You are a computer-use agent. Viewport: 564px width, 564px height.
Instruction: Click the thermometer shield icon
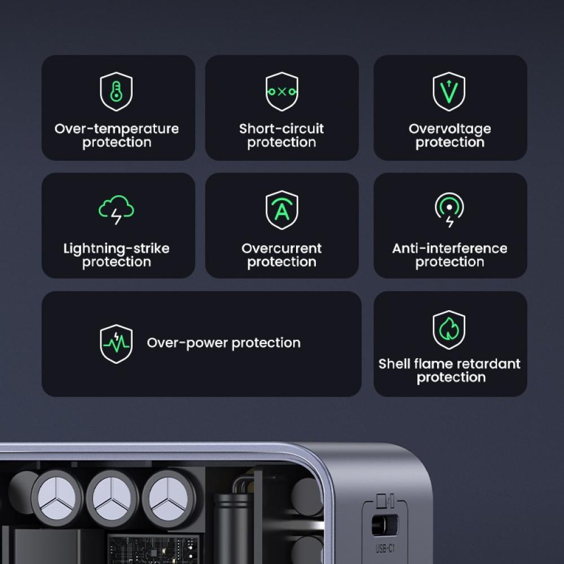coord(116,91)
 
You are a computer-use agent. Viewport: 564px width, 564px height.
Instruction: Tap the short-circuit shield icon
coord(281,91)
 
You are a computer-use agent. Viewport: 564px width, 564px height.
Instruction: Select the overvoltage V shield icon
coord(449,91)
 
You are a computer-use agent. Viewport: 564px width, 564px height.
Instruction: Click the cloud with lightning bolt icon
coord(116,210)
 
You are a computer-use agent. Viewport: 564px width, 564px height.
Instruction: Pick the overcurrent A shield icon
coord(281,210)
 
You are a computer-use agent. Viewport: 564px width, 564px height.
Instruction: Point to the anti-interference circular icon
coord(449,210)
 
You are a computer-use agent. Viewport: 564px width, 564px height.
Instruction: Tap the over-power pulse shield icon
coord(116,343)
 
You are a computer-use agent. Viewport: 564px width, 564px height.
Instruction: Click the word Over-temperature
coord(116,129)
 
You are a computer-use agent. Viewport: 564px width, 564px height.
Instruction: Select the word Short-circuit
coord(281,129)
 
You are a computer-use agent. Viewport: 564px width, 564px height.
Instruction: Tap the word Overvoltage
coord(450,129)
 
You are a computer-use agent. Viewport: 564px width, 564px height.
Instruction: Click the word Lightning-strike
coord(116,248)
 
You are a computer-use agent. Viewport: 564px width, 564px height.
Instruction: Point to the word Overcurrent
coord(281,248)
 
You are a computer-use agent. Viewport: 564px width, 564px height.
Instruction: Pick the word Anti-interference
coord(450,248)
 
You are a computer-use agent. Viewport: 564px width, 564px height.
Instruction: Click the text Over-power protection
coord(223,343)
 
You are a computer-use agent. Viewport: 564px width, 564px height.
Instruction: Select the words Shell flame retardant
coord(450,364)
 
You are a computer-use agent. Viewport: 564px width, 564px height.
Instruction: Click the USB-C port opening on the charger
coord(384,526)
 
